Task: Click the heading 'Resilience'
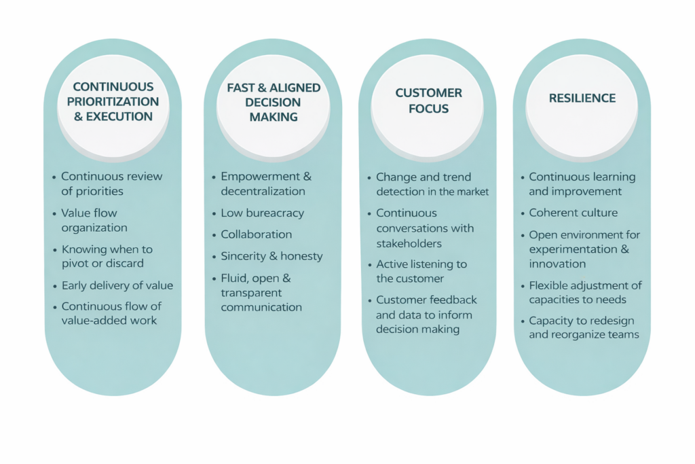[582, 99]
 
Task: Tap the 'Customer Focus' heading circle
[428, 101]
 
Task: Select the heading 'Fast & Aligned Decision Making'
[274, 103]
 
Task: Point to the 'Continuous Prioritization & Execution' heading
[113, 101]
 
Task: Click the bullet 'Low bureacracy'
[262, 213]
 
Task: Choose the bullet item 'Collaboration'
[256, 235]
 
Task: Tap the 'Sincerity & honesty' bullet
[271, 257]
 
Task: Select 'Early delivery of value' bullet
[117, 285]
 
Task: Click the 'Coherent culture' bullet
[573, 213]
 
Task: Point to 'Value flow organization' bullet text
[94, 220]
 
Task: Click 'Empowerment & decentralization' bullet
[265, 184]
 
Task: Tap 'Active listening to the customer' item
[421, 271]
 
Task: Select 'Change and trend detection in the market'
[432, 184]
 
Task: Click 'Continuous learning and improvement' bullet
[582, 184]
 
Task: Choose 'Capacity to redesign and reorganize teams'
[583, 327]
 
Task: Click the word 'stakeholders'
[409, 243]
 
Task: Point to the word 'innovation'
[557, 264]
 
